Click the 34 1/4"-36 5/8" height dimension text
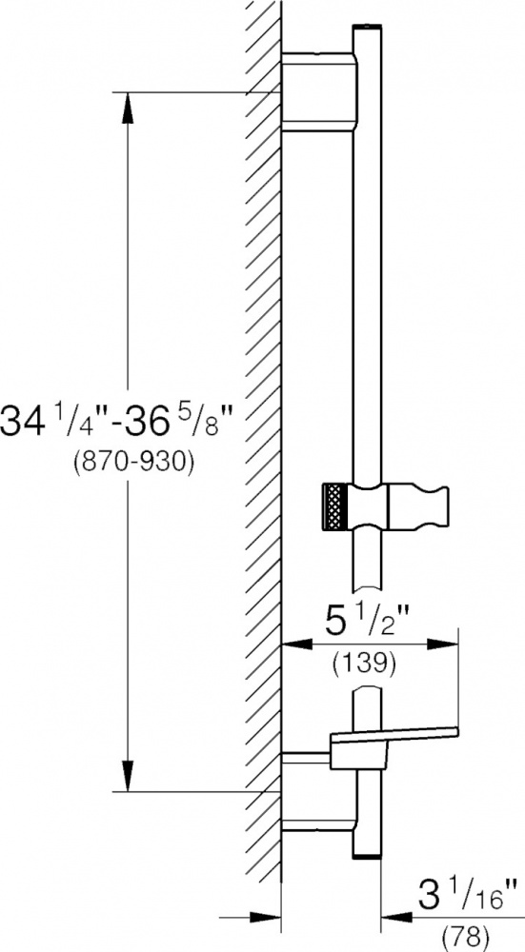point(117,422)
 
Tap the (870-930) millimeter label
point(133,464)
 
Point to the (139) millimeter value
point(365,663)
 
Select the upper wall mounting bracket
point(318,91)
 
